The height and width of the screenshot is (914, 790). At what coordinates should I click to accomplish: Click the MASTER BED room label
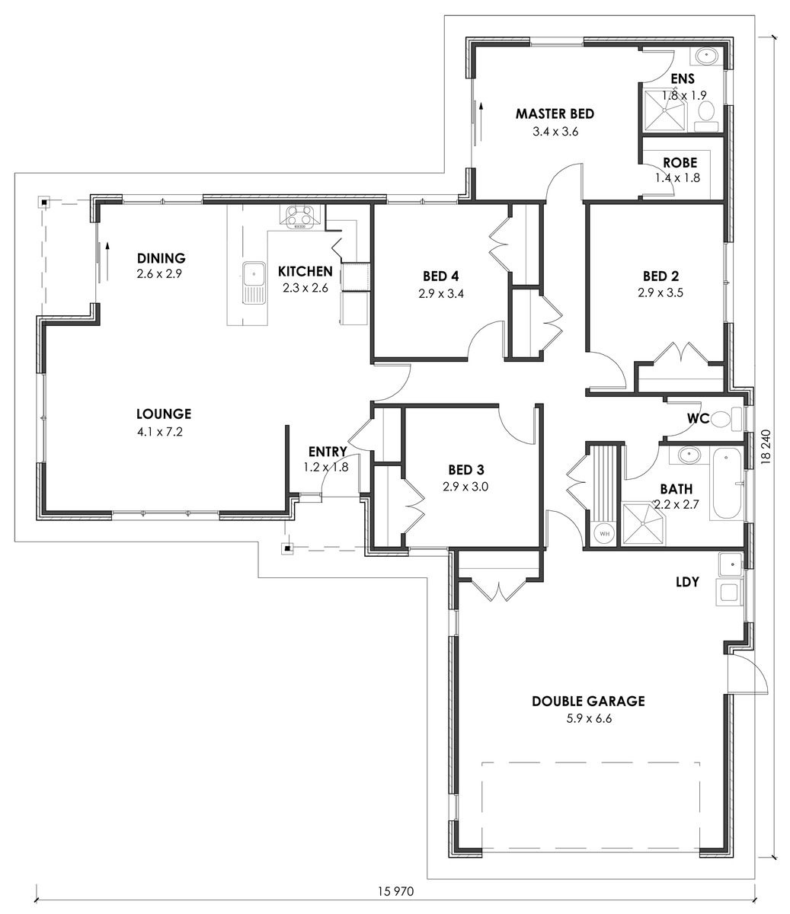tap(555, 114)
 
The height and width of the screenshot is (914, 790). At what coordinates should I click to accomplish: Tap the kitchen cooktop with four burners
tap(299, 217)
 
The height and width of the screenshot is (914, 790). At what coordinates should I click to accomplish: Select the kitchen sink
tap(254, 283)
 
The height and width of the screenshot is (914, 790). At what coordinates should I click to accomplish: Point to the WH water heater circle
tap(604, 534)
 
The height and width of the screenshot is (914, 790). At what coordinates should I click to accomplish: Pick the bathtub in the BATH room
tap(726, 483)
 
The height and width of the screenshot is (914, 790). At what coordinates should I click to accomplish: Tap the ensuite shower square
tap(664, 110)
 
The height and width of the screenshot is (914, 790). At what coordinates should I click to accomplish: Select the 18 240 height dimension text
tap(766, 446)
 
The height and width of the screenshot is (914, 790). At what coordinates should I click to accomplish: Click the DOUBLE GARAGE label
tap(588, 701)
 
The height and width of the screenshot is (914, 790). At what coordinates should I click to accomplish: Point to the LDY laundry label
tap(687, 582)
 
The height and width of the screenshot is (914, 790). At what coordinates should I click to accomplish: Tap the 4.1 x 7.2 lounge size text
tap(160, 432)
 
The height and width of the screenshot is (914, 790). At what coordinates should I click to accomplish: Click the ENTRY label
tap(328, 452)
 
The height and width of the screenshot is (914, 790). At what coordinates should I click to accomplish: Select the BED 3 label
tap(466, 469)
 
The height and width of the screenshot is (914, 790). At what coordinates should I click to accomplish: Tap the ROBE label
tap(680, 163)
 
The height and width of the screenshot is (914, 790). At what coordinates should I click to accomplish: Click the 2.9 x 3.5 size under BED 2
tap(660, 292)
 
